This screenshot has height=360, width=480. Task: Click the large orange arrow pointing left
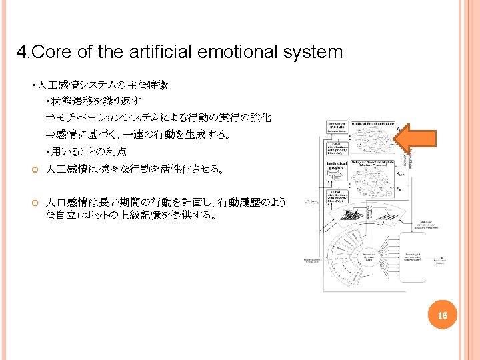[x=417, y=137]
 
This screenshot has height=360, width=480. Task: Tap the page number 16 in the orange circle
[x=442, y=314]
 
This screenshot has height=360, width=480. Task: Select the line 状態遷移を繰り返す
[x=93, y=101]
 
